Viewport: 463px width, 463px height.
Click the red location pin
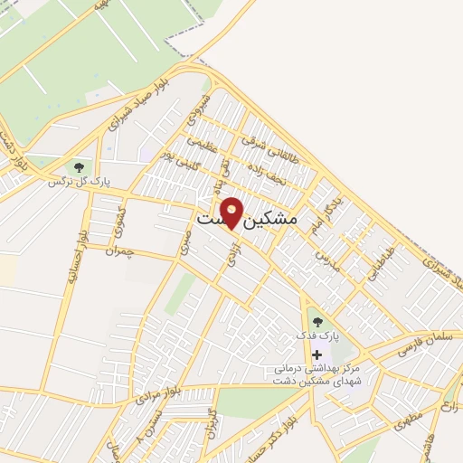[x=231, y=212]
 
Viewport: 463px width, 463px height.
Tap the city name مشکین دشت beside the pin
[x=247, y=219]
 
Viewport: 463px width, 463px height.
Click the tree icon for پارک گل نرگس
[x=79, y=167]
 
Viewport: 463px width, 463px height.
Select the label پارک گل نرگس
[x=79, y=182]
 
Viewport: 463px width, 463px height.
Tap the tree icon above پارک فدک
[x=315, y=320]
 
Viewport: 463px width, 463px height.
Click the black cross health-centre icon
[x=316, y=355]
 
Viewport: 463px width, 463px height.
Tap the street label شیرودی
[x=196, y=110]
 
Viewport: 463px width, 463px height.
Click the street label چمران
[x=118, y=252]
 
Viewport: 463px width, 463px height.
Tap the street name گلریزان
[x=212, y=424]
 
